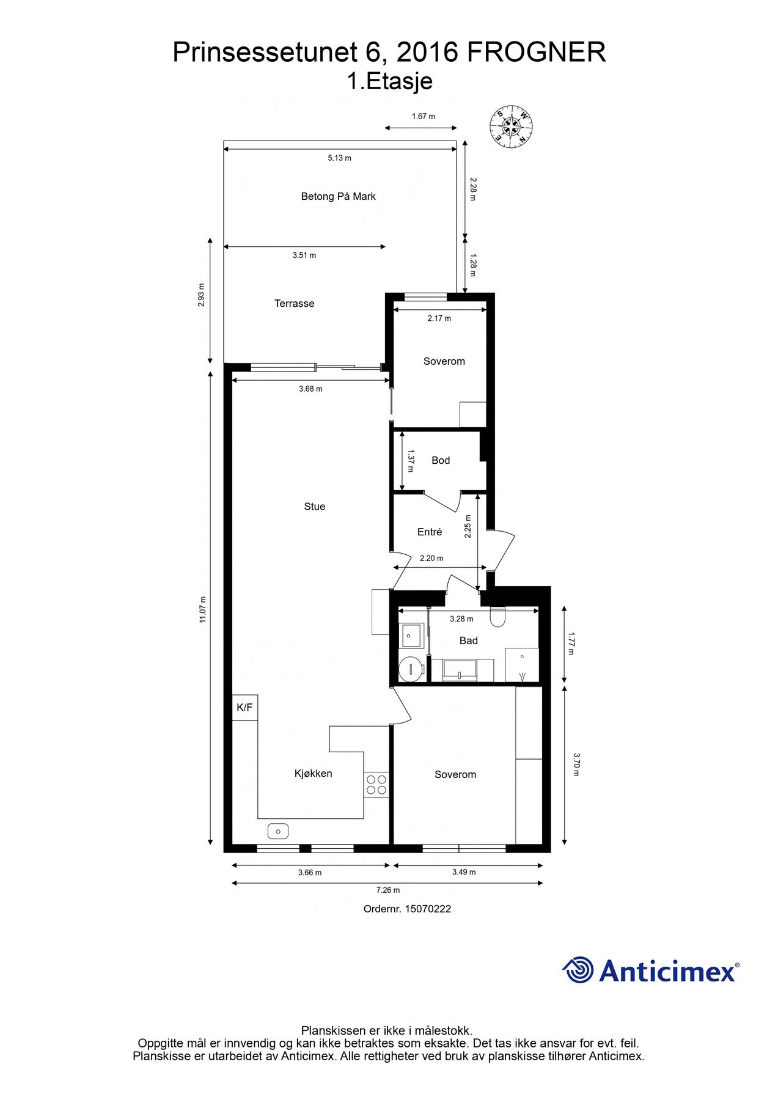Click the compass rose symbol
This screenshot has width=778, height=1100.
tap(511, 127)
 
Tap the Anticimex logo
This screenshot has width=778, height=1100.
tap(651, 970)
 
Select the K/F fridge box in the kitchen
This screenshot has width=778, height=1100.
tap(244, 708)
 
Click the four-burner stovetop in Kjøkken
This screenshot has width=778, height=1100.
tap(376, 785)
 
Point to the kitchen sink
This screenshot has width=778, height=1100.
tap(278, 831)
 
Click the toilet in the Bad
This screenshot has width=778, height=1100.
tap(498, 617)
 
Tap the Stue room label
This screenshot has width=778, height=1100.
tap(315, 506)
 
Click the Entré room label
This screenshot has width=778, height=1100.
tap(430, 532)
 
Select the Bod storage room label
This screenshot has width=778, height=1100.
tap(441, 460)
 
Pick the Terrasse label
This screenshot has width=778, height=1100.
tap(294, 303)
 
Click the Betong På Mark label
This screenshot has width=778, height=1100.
tap(339, 196)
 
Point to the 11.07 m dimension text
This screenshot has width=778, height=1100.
tap(202, 609)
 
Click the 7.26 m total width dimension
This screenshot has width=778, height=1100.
tap(388, 890)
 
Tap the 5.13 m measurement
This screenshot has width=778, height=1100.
tap(340, 158)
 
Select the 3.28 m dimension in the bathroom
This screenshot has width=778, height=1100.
tap(461, 618)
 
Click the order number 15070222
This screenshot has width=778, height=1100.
tap(407, 909)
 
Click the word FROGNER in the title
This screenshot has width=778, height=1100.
tap(537, 52)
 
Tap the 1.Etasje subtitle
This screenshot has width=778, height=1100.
tap(389, 81)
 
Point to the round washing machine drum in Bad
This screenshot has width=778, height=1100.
tap(411, 669)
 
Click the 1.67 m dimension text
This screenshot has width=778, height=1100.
tap(424, 116)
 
